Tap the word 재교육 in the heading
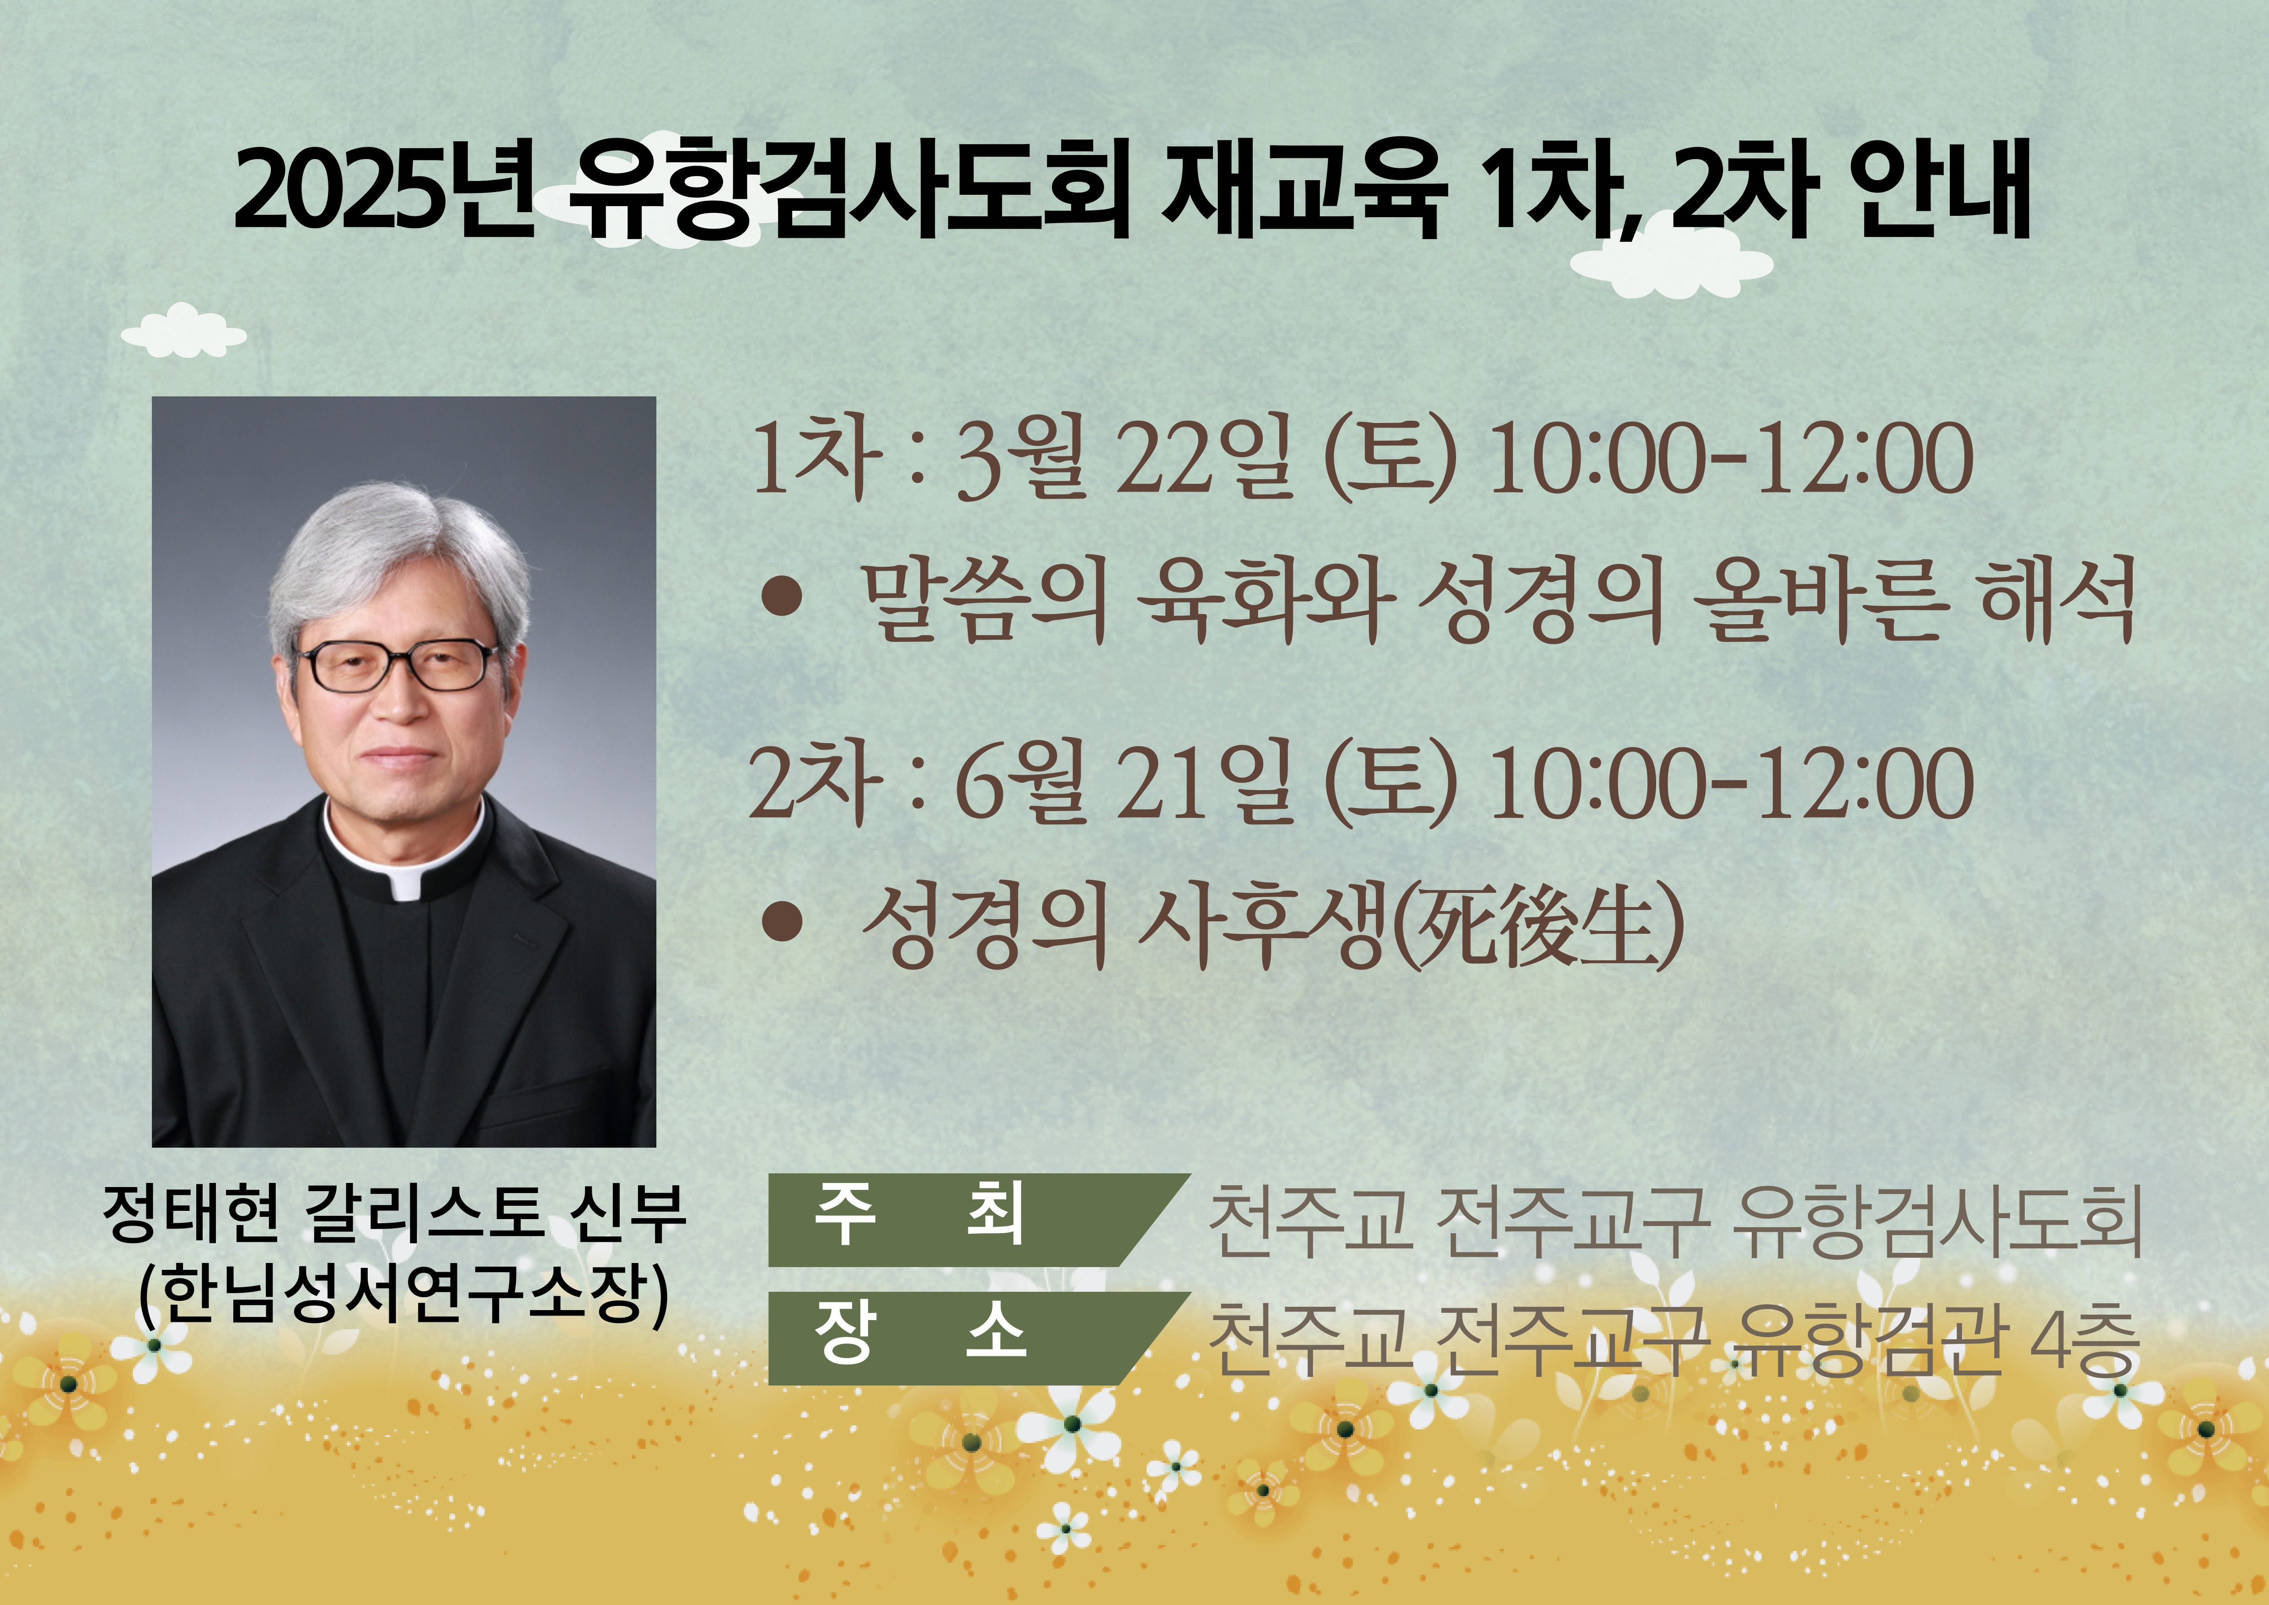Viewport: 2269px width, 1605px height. [x=1301, y=190]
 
